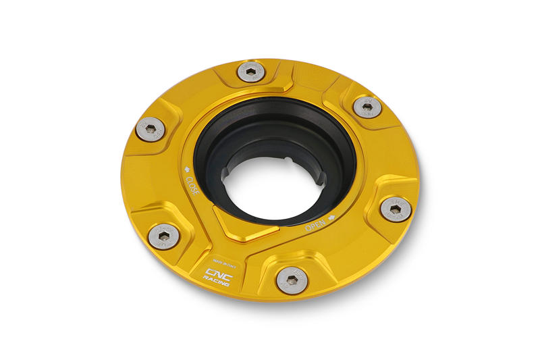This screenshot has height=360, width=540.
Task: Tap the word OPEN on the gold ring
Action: click(x=316, y=225)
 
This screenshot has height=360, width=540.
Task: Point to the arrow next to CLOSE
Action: click(x=187, y=170)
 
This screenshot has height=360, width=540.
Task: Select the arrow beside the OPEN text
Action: click(x=332, y=217)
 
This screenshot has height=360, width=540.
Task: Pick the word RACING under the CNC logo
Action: click(x=218, y=282)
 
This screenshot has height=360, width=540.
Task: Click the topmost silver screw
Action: click(x=251, y=72)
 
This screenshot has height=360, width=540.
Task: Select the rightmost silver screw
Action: click(x=396, y=209)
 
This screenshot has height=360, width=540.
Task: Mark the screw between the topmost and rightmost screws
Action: click(x=367, y=106)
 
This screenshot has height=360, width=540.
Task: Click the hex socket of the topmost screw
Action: click(x=251, y=70)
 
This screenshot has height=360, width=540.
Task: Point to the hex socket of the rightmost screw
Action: click(x=396, y=209)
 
